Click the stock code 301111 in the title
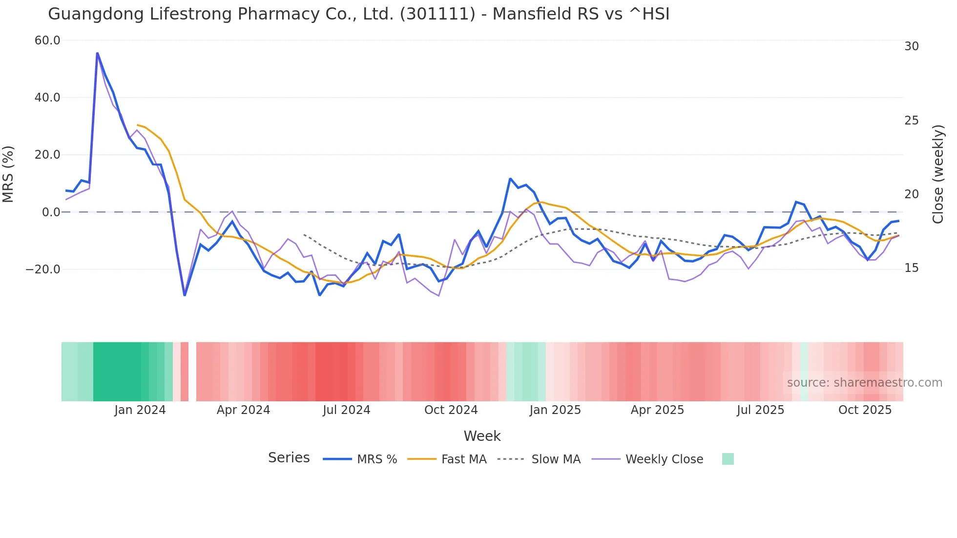[437, 14]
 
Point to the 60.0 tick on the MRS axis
[47, 41]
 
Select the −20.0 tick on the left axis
[43, 269]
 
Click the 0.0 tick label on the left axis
[51, 212]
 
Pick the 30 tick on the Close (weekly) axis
[911, 46]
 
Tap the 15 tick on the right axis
[911, 268]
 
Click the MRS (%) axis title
[8, 174]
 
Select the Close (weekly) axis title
[938, 174]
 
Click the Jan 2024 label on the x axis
[140, 410]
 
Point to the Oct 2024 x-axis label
[451, 410]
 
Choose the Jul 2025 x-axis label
[760, 410]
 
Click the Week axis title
[482, 436]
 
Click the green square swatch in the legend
[728, 459]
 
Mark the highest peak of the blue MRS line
[97, 53]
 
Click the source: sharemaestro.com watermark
[864, 383]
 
